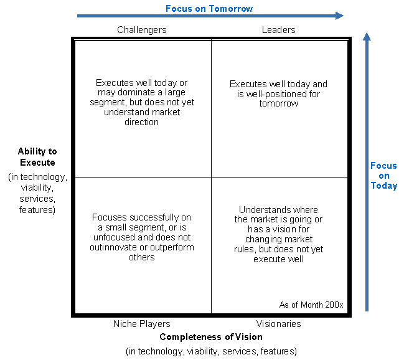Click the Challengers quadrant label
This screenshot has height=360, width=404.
click(x=142, y=30)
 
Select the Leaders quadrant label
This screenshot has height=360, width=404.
click(x=278, y=30)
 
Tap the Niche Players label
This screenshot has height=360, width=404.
click(x=142, y=324)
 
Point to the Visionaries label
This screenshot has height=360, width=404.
click(x=278, y=324)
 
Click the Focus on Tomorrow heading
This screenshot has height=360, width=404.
click(x=209, y=9)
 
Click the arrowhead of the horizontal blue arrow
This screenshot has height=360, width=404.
click(x=340, y=16)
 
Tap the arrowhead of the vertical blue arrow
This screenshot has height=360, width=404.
click(x=367, y=37)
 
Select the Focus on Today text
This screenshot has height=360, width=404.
click(x=384, y=176)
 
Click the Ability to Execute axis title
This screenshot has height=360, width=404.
click(x=37, y=157)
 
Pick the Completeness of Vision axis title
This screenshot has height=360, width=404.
click(x=211, y=337)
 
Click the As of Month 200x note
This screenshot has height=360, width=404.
click(x=311, y=305)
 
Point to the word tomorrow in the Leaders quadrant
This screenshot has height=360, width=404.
click(x=279, y=103)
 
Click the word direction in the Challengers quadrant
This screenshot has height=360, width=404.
click(x=141, y=122)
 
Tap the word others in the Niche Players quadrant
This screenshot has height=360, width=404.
click(x=142, y=257)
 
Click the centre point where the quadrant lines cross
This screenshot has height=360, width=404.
click(x=211, y=177)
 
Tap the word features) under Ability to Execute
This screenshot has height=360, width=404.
click(x=37, y=210)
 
